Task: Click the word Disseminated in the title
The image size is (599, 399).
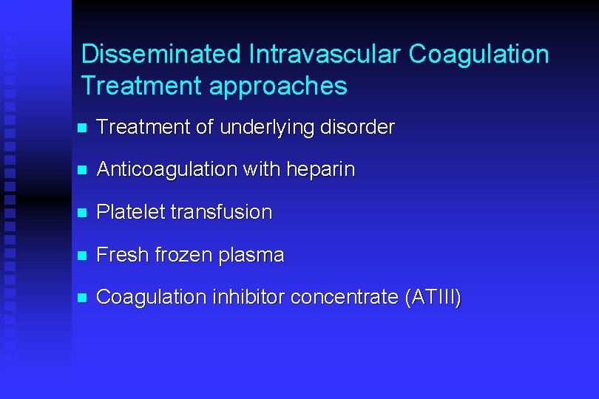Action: [x=161, y=54]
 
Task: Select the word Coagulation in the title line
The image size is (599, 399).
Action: [x=479, y=54]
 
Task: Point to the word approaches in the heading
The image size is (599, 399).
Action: [x=278, y=86]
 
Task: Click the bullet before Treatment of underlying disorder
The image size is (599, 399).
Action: [x=82, y=128]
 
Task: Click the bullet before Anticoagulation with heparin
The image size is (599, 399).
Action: [x=82, y=170]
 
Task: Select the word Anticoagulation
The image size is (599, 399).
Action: [x=166, y=169]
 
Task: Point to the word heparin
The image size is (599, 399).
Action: [x=323, y=170]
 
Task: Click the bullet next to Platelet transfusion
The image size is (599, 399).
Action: [x=82, y=213]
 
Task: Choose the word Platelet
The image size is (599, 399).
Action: [x=130, y=212]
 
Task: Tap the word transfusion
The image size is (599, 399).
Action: [x=221, y=212]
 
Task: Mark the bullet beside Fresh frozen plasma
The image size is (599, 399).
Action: [x=82, y=256]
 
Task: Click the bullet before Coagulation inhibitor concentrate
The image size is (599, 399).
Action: [x=82, y=298]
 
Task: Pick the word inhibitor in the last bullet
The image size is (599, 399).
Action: [x=248, y=297]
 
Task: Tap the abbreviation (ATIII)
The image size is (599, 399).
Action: [x=433, y=298]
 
